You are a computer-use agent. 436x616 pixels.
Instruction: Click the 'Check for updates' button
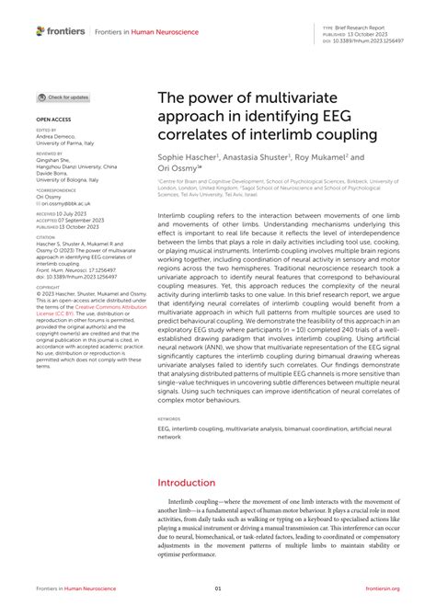pos(64,97)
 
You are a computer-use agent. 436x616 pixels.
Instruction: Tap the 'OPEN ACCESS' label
pos(53,120)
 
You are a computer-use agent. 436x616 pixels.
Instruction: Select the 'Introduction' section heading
pos(187,483)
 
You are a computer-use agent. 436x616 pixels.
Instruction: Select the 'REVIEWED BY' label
pos(50,155)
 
